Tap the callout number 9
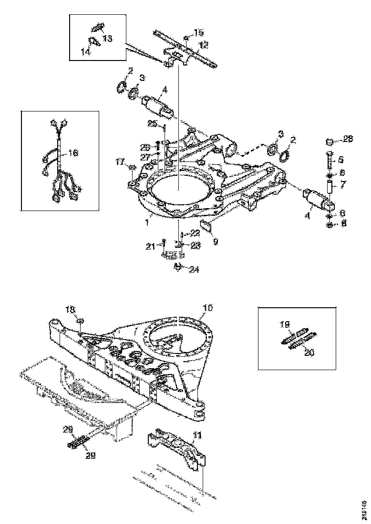(216, 242)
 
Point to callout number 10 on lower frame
(207, 309)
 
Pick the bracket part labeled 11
(176, 446)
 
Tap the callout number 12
(204, 46)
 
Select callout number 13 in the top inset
(107, 38)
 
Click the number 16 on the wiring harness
(73, 153)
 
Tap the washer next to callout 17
(133, 167)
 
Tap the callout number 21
(151, 246)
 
